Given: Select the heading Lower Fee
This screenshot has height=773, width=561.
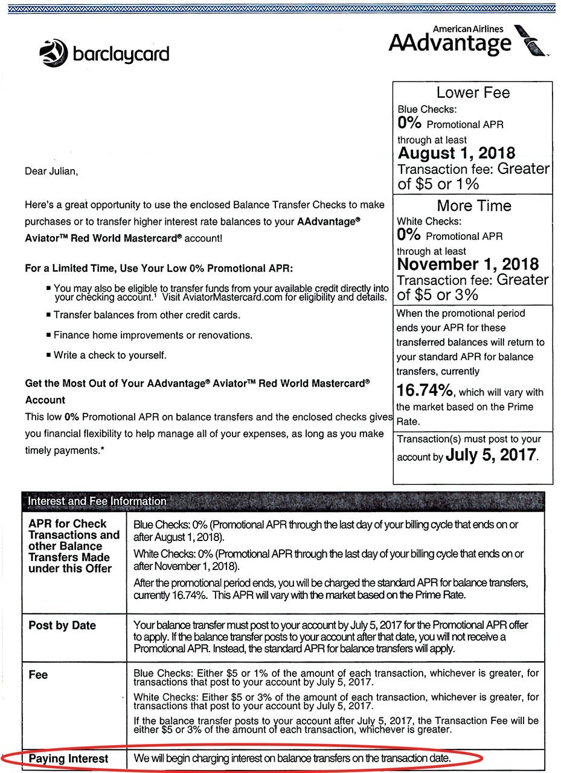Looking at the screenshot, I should click(x=473, y=92).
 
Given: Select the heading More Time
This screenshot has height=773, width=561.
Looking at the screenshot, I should click(x=473, y=206).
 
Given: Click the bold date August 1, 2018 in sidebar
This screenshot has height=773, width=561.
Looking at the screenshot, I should click(x=457, y=153).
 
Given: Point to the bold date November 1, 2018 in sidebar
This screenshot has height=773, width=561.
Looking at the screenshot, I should click(x=468, y=265).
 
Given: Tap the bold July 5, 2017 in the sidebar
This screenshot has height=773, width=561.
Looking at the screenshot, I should click(x=491, y=455).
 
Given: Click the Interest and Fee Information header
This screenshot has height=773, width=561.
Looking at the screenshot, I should click(x=97, y=501).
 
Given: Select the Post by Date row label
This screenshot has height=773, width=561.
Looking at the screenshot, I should click(x=62, y=626).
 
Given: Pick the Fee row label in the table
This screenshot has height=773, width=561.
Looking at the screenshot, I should click(x=38, y=675).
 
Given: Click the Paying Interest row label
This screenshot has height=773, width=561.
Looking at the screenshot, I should click(x=68, y=759).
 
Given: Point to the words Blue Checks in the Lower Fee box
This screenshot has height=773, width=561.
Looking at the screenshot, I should click(x=427, y=109).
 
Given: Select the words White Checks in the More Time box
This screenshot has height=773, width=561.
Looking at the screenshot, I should click(x=429, y=222).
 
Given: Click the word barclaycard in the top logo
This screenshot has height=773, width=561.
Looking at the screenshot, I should click(x=121, y=55).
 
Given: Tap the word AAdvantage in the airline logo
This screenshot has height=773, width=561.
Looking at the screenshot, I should click(x=450, y=43).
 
